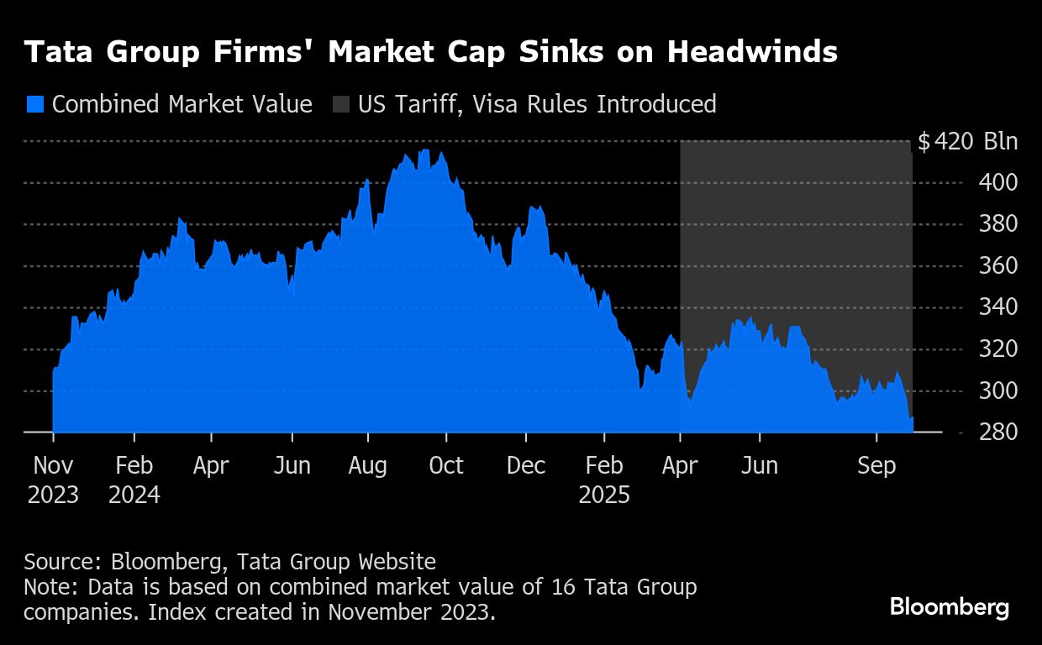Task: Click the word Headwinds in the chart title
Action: pos(752,52)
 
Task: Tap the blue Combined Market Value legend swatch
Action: pos(34,104)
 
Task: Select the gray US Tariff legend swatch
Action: pos(340,104)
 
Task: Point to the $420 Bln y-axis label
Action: pos(967,141)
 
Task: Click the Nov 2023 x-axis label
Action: pos(53,480)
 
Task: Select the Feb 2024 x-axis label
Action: pos(134,480)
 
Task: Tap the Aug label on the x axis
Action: pos(367,465)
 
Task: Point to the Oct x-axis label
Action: pos(445,465)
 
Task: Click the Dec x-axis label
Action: pos(526,465)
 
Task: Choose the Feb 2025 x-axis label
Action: pos(603,480)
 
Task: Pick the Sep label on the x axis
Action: pos(876,465)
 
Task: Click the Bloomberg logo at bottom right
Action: pos(950,606)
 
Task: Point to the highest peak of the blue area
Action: pos(424,150)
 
